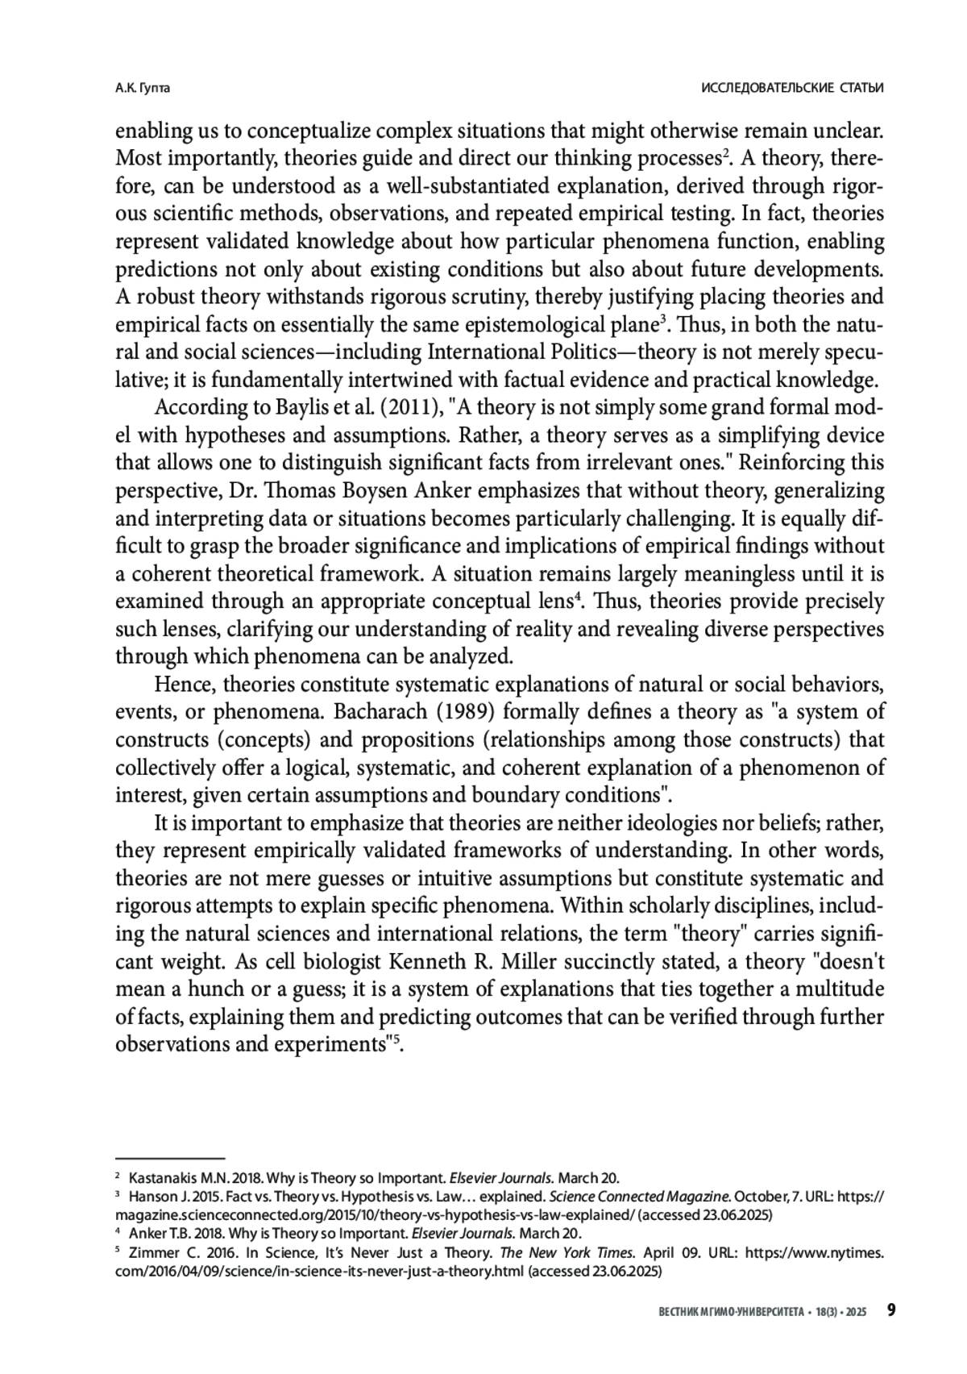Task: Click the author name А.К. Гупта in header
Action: pyautogui.click(x=143, y=88)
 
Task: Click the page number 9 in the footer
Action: pyautogui.click(x=891, y=1310)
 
